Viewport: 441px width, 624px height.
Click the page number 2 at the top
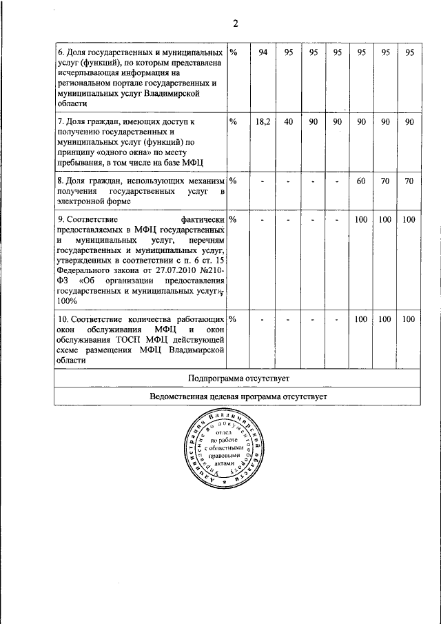pos(235,23)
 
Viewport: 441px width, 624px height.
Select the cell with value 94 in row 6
pos(263,53)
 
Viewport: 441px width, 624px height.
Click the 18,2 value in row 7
pos(263,121)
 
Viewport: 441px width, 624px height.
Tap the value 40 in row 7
pos(289,121)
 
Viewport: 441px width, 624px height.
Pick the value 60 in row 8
pos(360,181)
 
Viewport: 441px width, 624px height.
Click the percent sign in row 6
pos(234,53)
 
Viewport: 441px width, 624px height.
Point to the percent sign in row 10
pos(234,319)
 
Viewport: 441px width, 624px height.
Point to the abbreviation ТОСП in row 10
pos(137,339)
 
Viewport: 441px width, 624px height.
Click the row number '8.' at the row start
pos(60,181)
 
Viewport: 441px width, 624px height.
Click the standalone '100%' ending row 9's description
pos(67,301)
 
